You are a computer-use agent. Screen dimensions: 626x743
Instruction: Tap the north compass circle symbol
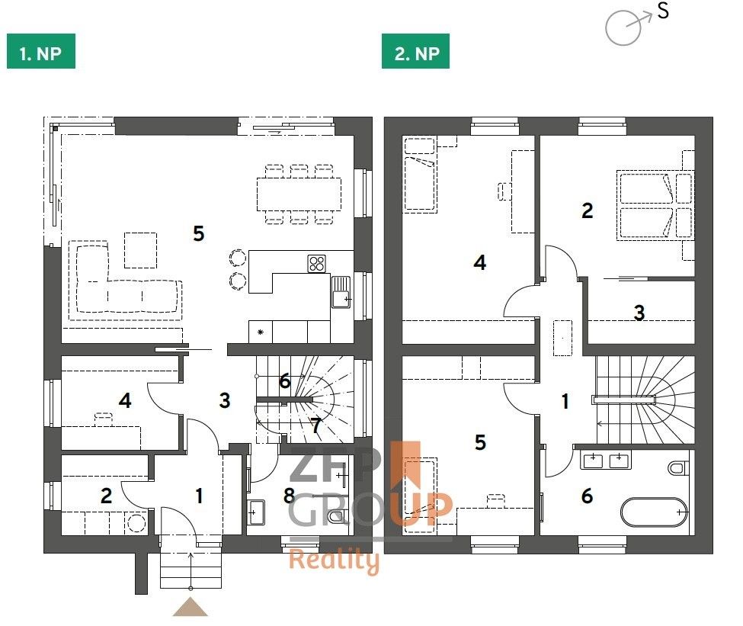tap(623, 27)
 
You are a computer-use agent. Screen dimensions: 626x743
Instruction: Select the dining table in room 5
tap(299, 194)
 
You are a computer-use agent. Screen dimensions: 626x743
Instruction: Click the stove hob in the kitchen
tap(318, 264)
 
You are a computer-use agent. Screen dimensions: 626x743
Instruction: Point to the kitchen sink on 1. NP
tap(340, 291)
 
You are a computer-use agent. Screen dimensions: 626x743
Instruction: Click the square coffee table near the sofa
tap(140, 249)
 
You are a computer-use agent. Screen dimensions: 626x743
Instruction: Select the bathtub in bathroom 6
tap(653, 512)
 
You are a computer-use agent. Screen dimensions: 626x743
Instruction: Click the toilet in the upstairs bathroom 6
tap(677, 467)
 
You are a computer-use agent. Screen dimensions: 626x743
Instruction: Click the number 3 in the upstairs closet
tap(639, 312)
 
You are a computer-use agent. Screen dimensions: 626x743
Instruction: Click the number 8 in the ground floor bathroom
tap(288, 496)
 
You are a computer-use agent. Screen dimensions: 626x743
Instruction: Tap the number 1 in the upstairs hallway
tap(565, 401)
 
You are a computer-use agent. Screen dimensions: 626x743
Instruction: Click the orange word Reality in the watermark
tap(333, 561)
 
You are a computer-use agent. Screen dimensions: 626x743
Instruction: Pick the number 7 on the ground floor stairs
tap(316, 425)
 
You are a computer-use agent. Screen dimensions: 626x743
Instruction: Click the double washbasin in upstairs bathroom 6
tap(607, 460)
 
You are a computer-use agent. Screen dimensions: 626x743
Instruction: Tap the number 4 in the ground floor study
tap(125, 400)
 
